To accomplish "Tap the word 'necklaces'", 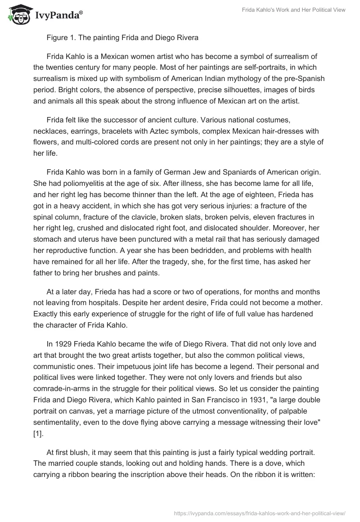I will pyautogui.click(x=49, y=131).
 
